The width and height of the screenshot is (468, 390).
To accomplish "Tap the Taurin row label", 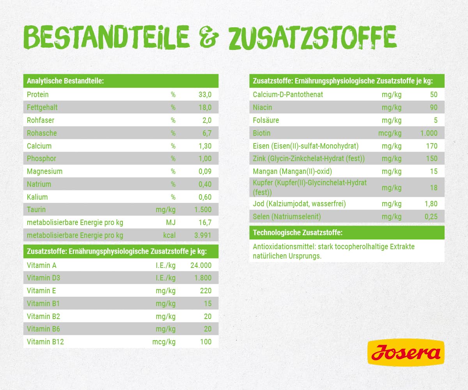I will pos(36,209).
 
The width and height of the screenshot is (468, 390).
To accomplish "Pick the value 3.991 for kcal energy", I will pos(203,235).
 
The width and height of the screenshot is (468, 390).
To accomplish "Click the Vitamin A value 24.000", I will pos(201,265).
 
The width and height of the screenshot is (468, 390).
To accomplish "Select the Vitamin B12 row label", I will pos(45,342).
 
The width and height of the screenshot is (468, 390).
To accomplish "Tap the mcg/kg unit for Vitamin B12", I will pos(164,342).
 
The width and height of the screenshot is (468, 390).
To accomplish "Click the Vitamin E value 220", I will pos(205,291).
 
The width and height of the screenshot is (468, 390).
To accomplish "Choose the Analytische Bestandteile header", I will pos(65,81).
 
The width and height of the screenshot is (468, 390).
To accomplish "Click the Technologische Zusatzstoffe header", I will pos(298,233).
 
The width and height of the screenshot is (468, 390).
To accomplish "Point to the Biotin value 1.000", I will pos(429,133).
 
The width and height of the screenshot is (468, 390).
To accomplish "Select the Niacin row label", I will pos(262,107).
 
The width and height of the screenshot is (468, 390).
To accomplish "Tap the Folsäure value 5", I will pos(436,120).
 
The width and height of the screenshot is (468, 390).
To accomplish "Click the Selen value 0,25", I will pos(431,216).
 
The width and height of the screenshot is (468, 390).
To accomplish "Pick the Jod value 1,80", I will pos(431,204).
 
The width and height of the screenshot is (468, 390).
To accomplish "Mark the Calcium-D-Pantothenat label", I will pos(288,94).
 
